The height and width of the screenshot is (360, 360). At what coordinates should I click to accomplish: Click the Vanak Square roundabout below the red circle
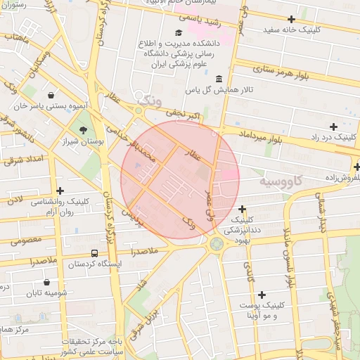coord(215,245)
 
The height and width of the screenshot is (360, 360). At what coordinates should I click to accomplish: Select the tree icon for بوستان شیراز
coord(84,129)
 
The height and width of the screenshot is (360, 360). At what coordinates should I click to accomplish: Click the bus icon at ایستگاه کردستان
coord(94,253)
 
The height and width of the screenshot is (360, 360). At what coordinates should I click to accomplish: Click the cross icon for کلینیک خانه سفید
coord(291,19)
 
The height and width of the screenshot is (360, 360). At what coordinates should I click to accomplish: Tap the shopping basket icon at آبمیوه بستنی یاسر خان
coord(51,95)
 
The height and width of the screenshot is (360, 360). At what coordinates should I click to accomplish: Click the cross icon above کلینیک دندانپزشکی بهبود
coord(243,209)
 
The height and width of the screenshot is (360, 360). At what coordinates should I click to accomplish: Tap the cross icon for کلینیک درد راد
coord(333,126)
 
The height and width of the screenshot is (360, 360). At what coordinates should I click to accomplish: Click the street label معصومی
coord(26,240)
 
